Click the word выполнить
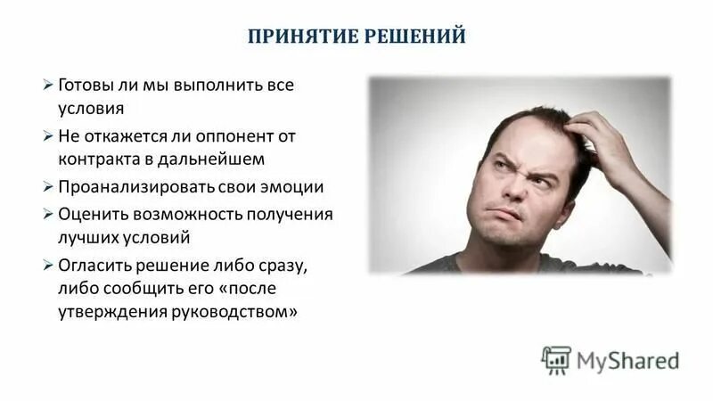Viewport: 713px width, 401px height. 213,86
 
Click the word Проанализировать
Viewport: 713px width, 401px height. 137,188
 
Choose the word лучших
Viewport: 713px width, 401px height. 87,238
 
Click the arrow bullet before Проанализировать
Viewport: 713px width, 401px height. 48,188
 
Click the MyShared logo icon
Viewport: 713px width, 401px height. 556,359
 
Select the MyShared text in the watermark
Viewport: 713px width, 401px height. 628,360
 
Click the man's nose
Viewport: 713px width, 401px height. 511,190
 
